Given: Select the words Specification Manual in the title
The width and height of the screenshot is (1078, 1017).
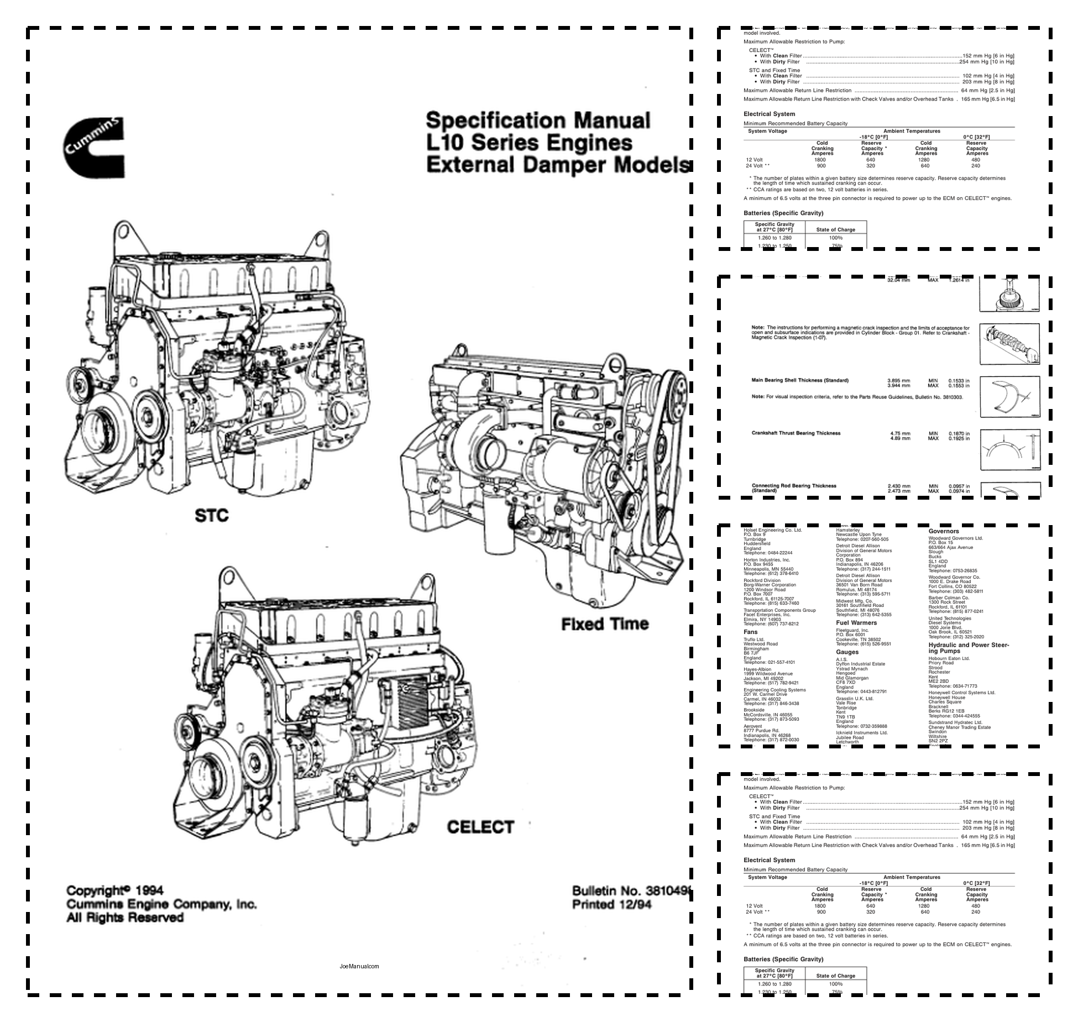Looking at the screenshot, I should point(537,120).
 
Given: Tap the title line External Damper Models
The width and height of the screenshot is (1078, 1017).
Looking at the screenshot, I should point(557,165).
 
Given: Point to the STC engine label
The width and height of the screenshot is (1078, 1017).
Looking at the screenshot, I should point(211,516).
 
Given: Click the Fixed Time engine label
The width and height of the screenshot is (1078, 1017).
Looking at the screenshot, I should point(605,624).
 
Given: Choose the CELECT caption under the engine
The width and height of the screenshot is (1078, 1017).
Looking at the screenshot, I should point(480,827).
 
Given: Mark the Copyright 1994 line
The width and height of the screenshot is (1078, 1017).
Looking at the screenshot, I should point(114,890).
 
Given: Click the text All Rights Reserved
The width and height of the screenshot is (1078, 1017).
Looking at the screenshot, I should point(124,918).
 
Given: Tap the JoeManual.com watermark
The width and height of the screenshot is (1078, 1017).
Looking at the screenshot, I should point(359,966).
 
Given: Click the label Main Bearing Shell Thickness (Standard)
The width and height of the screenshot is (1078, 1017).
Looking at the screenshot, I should point(799,380).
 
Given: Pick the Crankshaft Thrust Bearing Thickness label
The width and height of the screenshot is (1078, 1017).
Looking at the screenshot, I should point(796,433).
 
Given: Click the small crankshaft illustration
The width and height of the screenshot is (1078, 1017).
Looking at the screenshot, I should point(1009,344).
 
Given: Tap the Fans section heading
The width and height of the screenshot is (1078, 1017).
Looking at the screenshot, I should point(750,632).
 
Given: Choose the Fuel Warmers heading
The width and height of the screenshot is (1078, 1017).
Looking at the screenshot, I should point(856,622).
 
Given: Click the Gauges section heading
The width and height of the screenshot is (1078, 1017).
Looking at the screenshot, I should point(847,652).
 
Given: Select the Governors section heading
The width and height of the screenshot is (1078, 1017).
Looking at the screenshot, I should point(944,531).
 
